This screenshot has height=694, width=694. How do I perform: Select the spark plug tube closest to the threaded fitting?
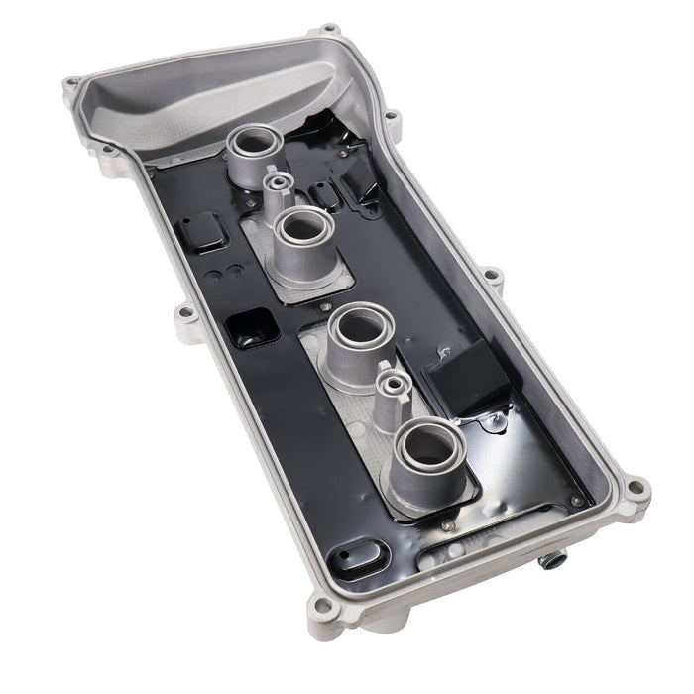429,445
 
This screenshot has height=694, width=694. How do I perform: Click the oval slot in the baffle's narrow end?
356,554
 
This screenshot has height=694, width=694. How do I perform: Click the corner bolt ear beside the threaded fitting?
634,489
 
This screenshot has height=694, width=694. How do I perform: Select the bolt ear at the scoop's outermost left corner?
70,85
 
